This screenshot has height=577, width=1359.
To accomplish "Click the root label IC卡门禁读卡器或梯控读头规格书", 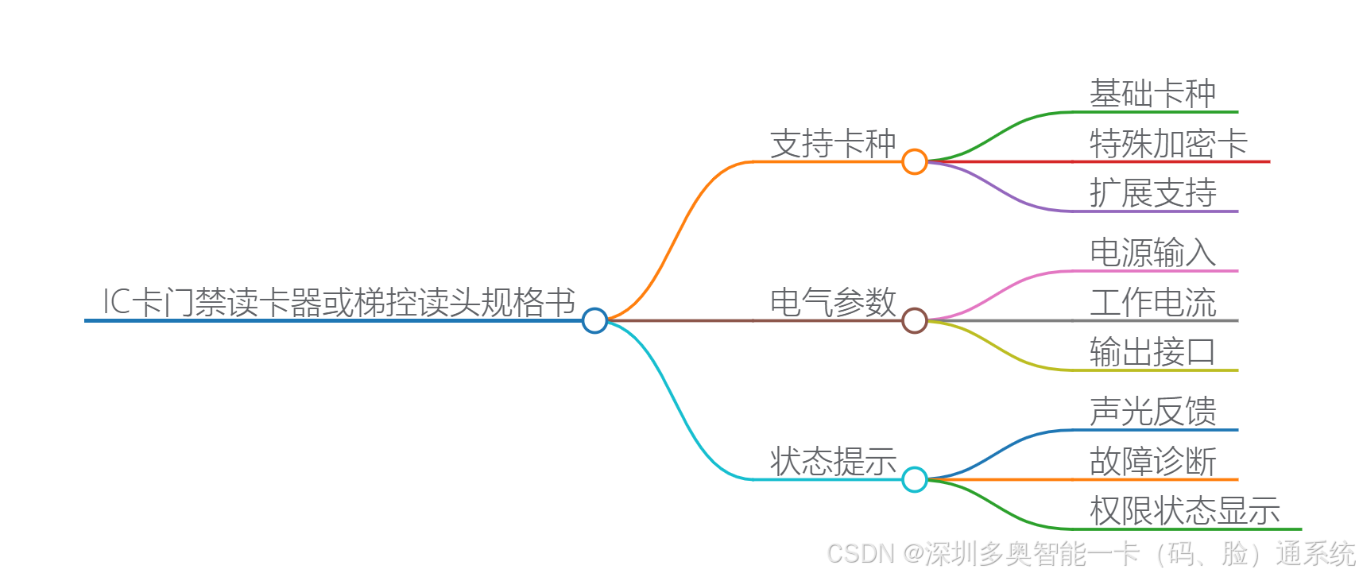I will [339, 302].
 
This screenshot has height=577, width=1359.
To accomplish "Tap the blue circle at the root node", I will [594, 320].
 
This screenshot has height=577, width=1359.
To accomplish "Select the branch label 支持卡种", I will [833, 144].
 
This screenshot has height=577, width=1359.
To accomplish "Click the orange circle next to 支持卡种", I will [915, 161].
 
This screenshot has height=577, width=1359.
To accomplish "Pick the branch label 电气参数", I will [833, 303].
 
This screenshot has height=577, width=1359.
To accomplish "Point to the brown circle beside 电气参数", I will [915, 320].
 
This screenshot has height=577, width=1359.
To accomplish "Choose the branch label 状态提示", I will [833, 462].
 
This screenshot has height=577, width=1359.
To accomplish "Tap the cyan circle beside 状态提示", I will [915, 479].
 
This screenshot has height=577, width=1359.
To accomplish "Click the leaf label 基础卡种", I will [1152, 94].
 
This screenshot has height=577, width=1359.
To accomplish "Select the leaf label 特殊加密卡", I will [1168, 144].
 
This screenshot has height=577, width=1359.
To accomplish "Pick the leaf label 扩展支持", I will [1152, 193].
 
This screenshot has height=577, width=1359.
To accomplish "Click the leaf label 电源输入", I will [1152, 253].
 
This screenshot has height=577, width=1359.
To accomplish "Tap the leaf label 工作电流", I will [1152, 303].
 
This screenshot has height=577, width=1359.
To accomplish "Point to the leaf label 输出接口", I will [1152, 352].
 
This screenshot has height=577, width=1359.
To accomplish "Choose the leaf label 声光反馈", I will [1152, 412].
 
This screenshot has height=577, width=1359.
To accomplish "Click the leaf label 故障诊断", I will [1152, 462].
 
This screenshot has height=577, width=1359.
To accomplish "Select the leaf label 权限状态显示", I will [1184, 511].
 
